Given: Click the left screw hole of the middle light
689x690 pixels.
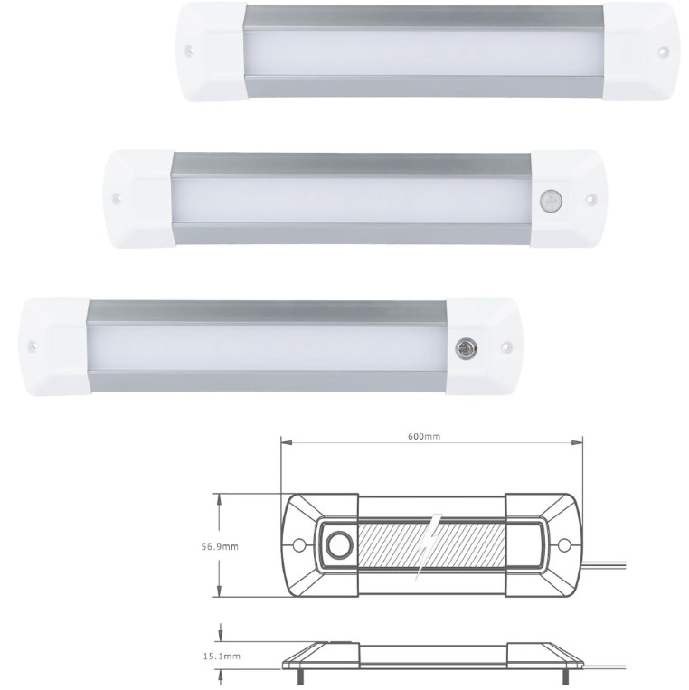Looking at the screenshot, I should pyautogui.click(x=115, y=194).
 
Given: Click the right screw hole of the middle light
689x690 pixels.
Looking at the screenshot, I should pyautogui.click(x=589, y=197).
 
